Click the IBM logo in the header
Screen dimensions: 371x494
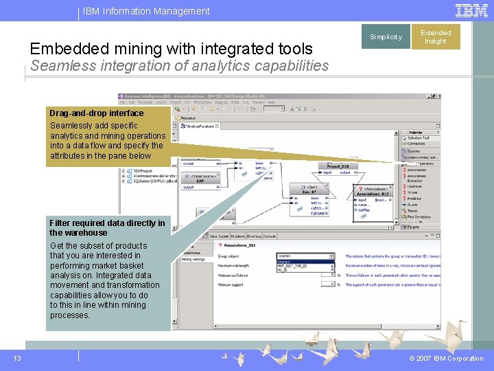pos(472,10)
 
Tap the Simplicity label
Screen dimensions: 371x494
pos(386,37)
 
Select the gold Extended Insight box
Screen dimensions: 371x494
pos(436,37)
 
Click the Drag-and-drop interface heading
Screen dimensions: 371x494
pos(97,113)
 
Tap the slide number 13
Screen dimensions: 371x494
pos(17,358)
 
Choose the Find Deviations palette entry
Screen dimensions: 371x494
pos(419,217)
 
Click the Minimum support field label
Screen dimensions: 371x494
pos(232,284)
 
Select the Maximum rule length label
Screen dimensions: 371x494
pos(237,265)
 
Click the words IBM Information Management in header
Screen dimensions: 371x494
pos(146,11)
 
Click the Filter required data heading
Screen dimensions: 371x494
pos(107,227)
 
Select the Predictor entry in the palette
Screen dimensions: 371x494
pos(414,199)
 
